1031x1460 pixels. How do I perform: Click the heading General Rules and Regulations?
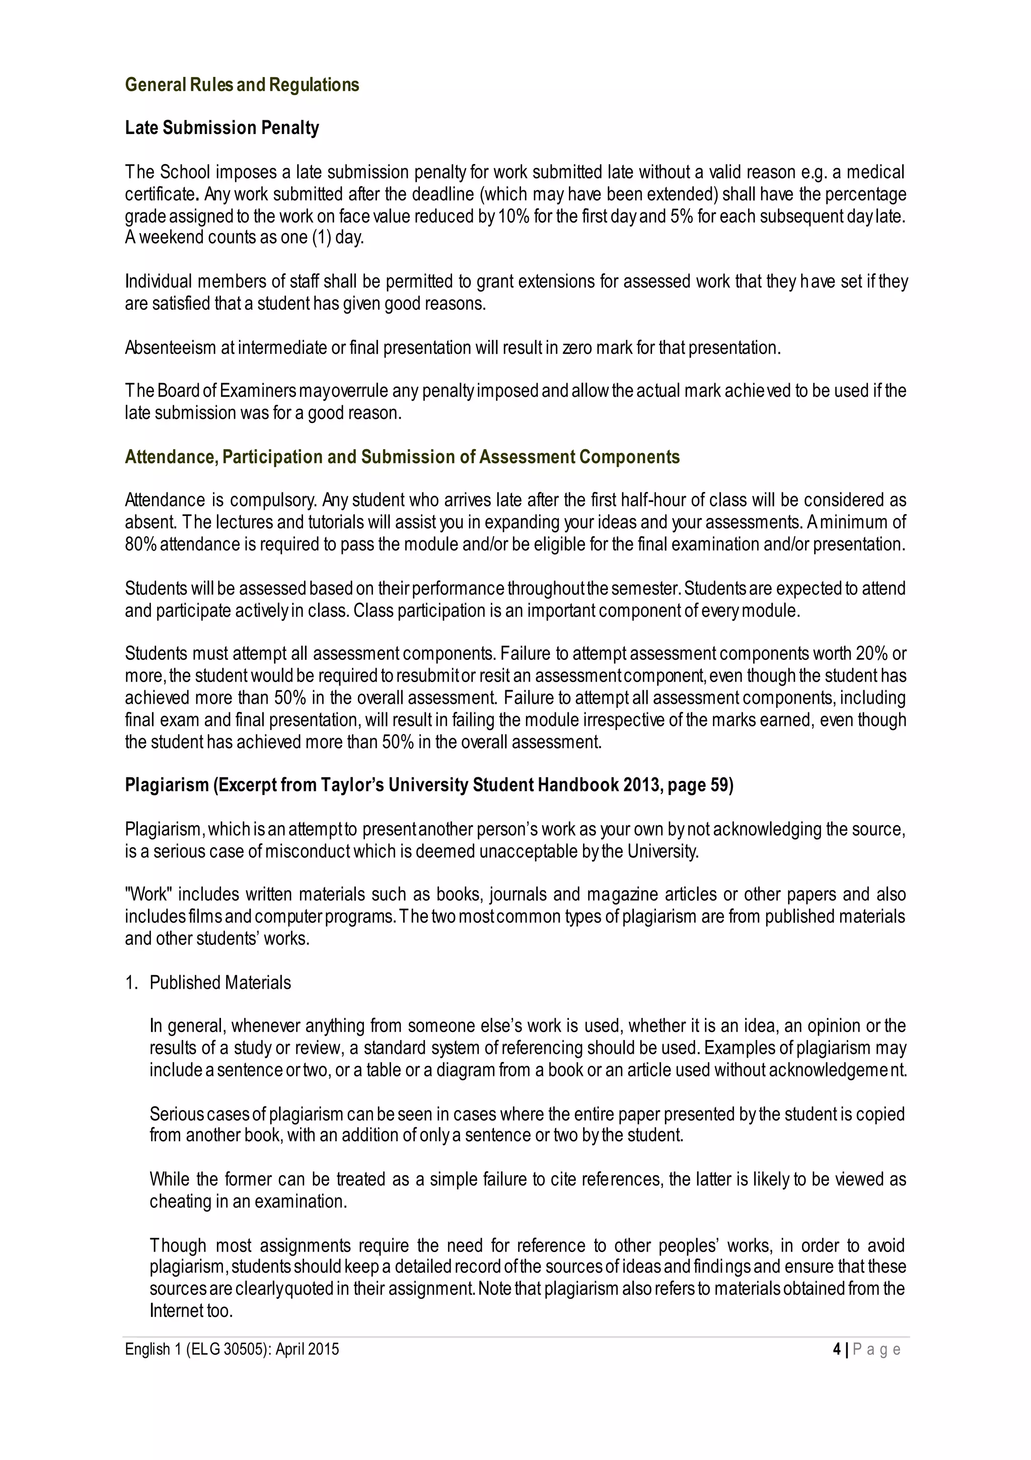click(242, 85)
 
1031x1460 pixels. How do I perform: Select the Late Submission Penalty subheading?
click(222, 128)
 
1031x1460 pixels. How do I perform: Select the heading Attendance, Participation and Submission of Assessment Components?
click(402, 457)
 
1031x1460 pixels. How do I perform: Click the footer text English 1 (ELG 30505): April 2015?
click(232, 1349)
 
